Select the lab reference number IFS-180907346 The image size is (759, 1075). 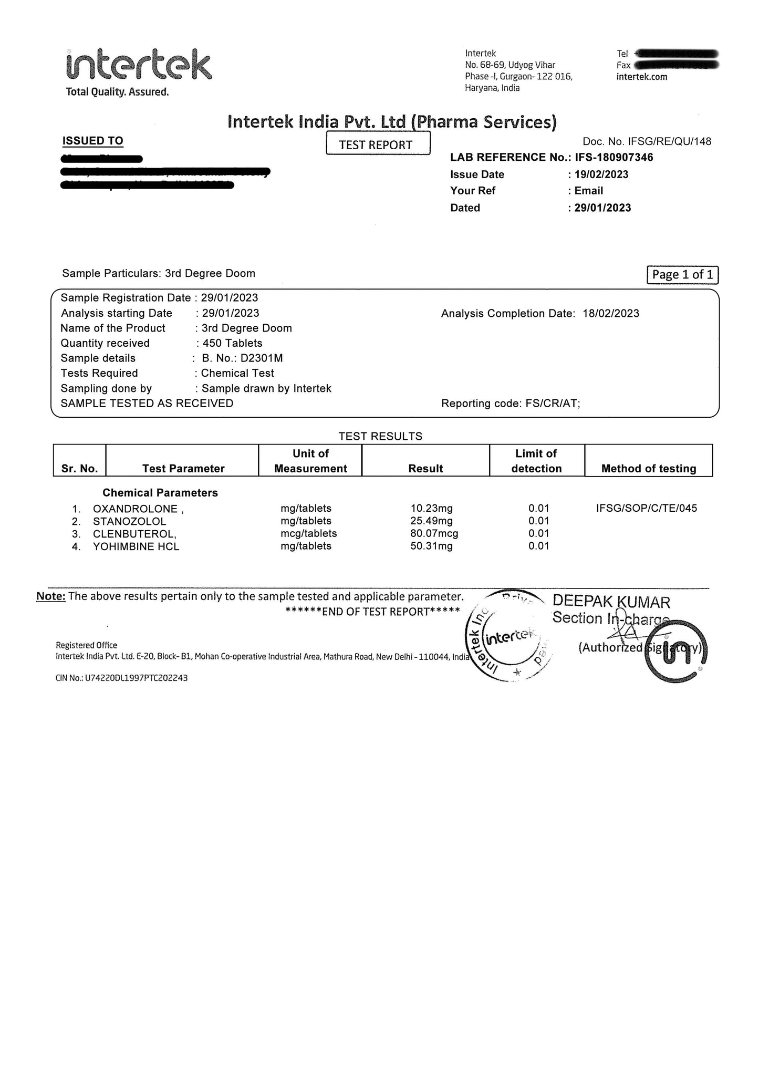[x=614, y=157]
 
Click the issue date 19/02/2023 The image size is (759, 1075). [x=601, y=174]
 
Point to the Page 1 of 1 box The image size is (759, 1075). [x=682, y=275]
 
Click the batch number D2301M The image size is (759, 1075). [x=262, y=358]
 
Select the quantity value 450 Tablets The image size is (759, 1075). [x=232, y=343]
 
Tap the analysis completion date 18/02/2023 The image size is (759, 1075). [x=611, y=314]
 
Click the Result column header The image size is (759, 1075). [x=425, y=468]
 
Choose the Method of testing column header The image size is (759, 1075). [x=649, y=468]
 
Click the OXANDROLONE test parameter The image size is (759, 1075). [x=136, y=509]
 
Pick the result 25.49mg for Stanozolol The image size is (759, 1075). [x=431, y=521]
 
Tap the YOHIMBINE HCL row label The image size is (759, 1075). [x=136, y=546]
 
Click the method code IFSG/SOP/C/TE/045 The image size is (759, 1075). [x=647, y=508]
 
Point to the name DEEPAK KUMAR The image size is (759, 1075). [x=611, y=602]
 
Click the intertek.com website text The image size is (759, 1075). [x=642, y=77]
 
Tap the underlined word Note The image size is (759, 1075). [x=50, y=596]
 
